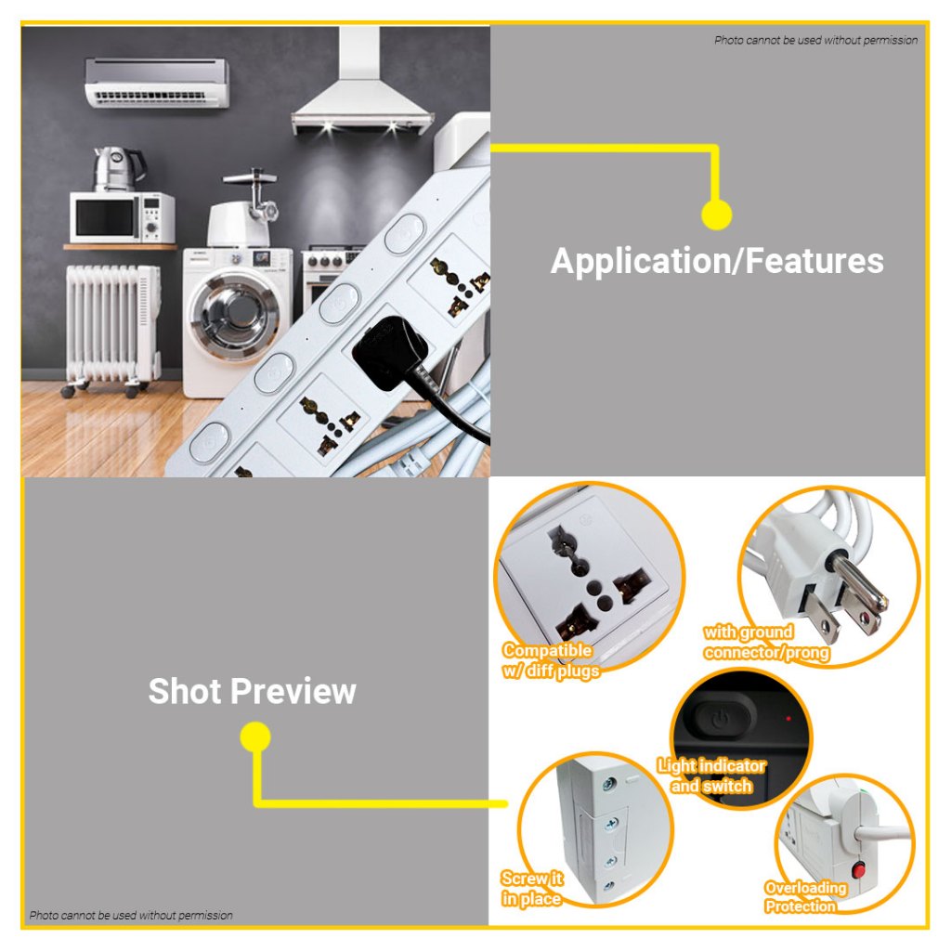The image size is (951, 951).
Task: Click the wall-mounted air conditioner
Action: (x=157, y=83)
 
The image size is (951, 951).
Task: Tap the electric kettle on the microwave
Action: (x=119, y=168)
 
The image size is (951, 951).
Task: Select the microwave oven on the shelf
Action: (x=122, y=217)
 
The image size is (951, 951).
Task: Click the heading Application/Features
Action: (x=717, y=261)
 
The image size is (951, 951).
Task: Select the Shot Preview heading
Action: (x=253, y=691)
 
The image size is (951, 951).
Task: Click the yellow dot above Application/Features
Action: (x=716, y=215)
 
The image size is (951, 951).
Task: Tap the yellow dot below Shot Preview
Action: (x=255, y=736)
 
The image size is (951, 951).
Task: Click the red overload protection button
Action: (x=858, y=871)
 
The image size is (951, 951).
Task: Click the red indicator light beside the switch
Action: (x=788, y=719)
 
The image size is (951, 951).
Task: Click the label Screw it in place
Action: (x=532, y=889)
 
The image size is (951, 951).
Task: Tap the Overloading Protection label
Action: (x=805, y=897)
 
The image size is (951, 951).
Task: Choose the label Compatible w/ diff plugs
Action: (x=551, y=660)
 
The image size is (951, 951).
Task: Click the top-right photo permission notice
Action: (x=815, y=40)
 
